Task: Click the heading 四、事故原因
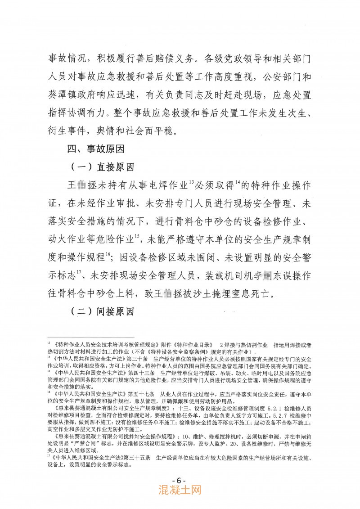point(92,148)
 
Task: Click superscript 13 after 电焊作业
point(191,182)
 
